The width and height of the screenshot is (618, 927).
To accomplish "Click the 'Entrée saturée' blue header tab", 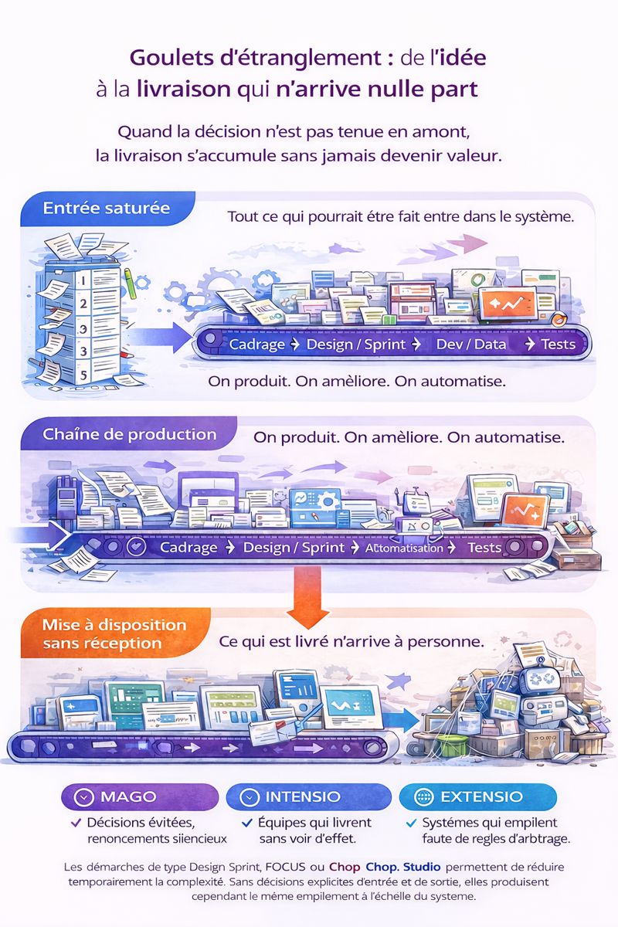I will [107, 209].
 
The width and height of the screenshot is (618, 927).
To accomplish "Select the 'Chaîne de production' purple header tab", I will [129, 434].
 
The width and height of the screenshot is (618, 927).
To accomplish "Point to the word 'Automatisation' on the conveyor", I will [405, 548].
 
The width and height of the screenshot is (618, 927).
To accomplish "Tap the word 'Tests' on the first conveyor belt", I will [558, 344].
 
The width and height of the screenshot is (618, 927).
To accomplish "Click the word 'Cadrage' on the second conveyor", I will [188, 548].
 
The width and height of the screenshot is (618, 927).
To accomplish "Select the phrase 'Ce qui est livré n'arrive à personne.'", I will [351, 641].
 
